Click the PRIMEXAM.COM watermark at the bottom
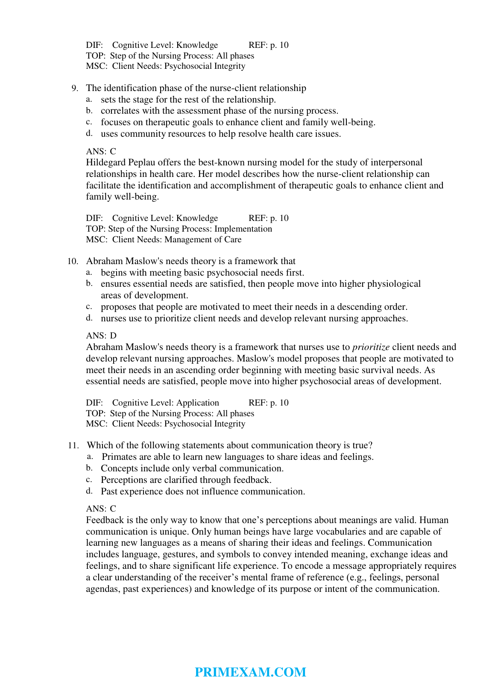pyautogui.click(x=250, y=672)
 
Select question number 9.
pyautogui.click(x=75, y=88)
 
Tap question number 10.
pyautogui.click(x=73, y=261)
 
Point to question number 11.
pyautogui.click(x=73, y=446)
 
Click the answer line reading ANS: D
pyautogui.click(x=101, y=335)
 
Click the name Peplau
pyautogui.click(x=142, y=162)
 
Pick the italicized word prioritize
pyautogui.click(x=371, y=347)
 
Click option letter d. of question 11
pyautogui.click(x=89, y=491)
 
